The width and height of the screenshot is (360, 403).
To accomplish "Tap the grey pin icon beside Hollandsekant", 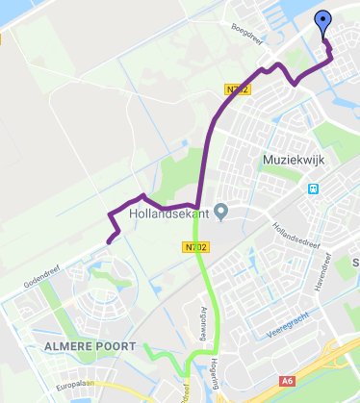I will tap(221, 211).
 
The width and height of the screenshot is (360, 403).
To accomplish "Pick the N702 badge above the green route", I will tap(194, 247).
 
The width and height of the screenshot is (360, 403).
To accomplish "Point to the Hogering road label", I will tap(228, 364).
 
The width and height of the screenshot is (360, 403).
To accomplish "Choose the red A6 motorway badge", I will tap(288, 382).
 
